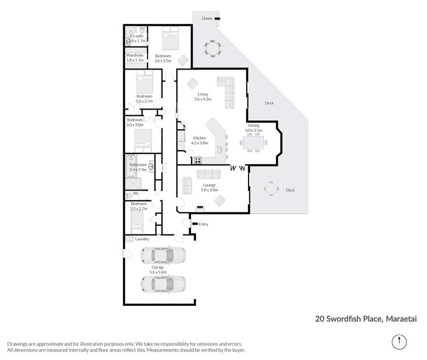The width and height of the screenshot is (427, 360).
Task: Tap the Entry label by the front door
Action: click(203, 224)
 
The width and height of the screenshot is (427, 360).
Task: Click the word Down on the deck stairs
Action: click(206, 18)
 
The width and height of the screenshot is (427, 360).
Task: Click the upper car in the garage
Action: click(164, 255)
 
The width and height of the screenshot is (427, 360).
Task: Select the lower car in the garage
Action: click(164, 284)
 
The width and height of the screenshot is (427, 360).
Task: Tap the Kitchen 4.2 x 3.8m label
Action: click(200, 141)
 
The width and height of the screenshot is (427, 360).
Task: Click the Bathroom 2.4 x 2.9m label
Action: click(138, 167)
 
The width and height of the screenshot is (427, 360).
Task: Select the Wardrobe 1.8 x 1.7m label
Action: click(136, 58)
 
